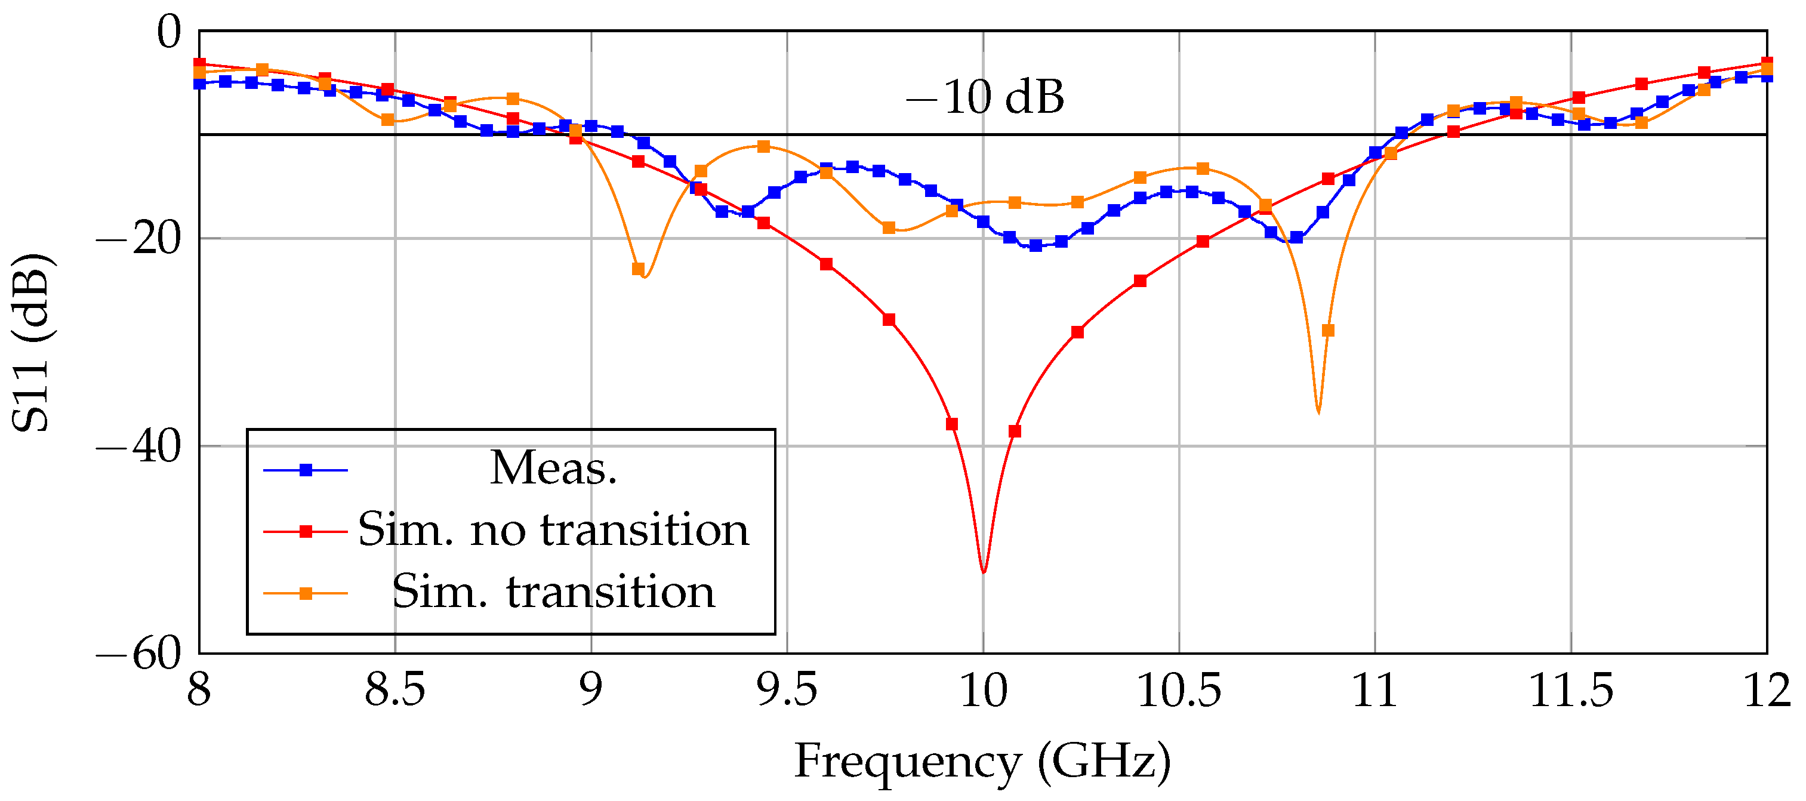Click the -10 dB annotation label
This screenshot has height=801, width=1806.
[984, 97]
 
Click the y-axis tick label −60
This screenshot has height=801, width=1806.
[138, 654]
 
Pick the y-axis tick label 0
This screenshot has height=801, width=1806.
[168, 32]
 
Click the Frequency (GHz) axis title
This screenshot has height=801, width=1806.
[982, 762]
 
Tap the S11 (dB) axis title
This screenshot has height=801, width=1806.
[32, 342]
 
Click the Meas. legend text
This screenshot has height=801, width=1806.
[553, 468]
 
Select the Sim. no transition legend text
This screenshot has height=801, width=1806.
[553, 529]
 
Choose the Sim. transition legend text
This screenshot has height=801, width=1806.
[553, 591]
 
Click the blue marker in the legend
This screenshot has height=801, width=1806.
[306, 470]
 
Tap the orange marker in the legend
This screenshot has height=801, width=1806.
[306, 593]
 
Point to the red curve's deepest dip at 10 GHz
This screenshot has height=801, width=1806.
[984, 572]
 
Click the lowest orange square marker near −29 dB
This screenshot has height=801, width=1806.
[1327, 330]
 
